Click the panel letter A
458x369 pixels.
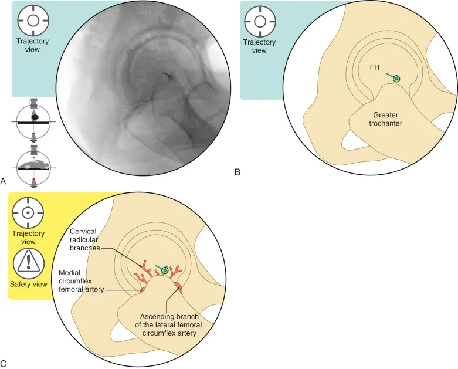pyautogui.click(x=4, y=182)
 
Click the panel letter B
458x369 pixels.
pyautogui.click(x=237, y=172)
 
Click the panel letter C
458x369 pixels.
pyautogui.click(x=4, y=364)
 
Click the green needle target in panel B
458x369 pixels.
pyautogui.click(x=397, y=79)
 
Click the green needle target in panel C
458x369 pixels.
pyautogui.click(x=165, y=270)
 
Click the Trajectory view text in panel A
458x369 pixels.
pyautogui.click(x=33, y=45)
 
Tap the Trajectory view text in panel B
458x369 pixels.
pyautogui.click(x=259, y=46)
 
